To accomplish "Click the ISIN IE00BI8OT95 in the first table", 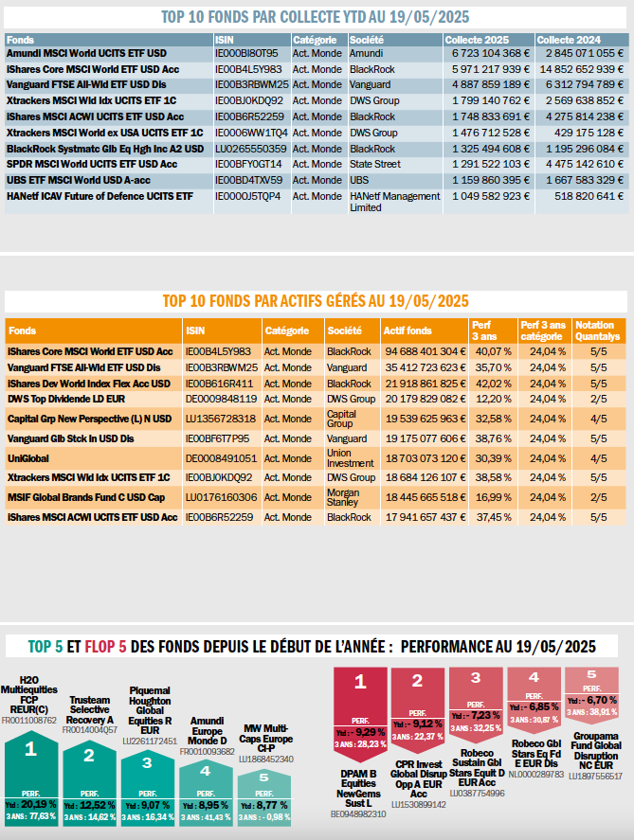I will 246,54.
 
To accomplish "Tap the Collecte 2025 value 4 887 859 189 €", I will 487,84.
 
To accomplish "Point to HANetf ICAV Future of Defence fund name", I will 100,196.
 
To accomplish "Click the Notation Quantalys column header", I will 597,331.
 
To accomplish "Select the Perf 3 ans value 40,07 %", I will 491,351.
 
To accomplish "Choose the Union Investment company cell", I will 351,457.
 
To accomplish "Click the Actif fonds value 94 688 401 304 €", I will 424,351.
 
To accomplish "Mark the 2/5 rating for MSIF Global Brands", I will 598,496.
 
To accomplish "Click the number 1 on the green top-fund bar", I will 30,749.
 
